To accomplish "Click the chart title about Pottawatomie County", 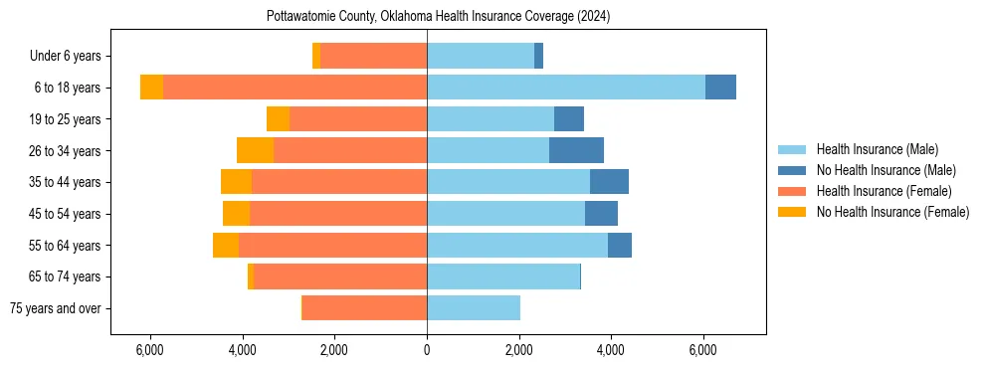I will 438,17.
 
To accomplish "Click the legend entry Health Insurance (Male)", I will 877,149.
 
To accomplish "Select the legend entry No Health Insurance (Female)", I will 892,212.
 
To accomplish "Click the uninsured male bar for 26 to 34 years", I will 576,150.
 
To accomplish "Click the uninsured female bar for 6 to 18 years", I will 151,88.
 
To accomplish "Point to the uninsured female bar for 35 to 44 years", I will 236,182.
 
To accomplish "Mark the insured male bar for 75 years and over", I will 473,308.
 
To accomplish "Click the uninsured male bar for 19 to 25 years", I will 569,119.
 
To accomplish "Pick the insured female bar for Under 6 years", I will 373,57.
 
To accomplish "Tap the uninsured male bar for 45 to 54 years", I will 601,214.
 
